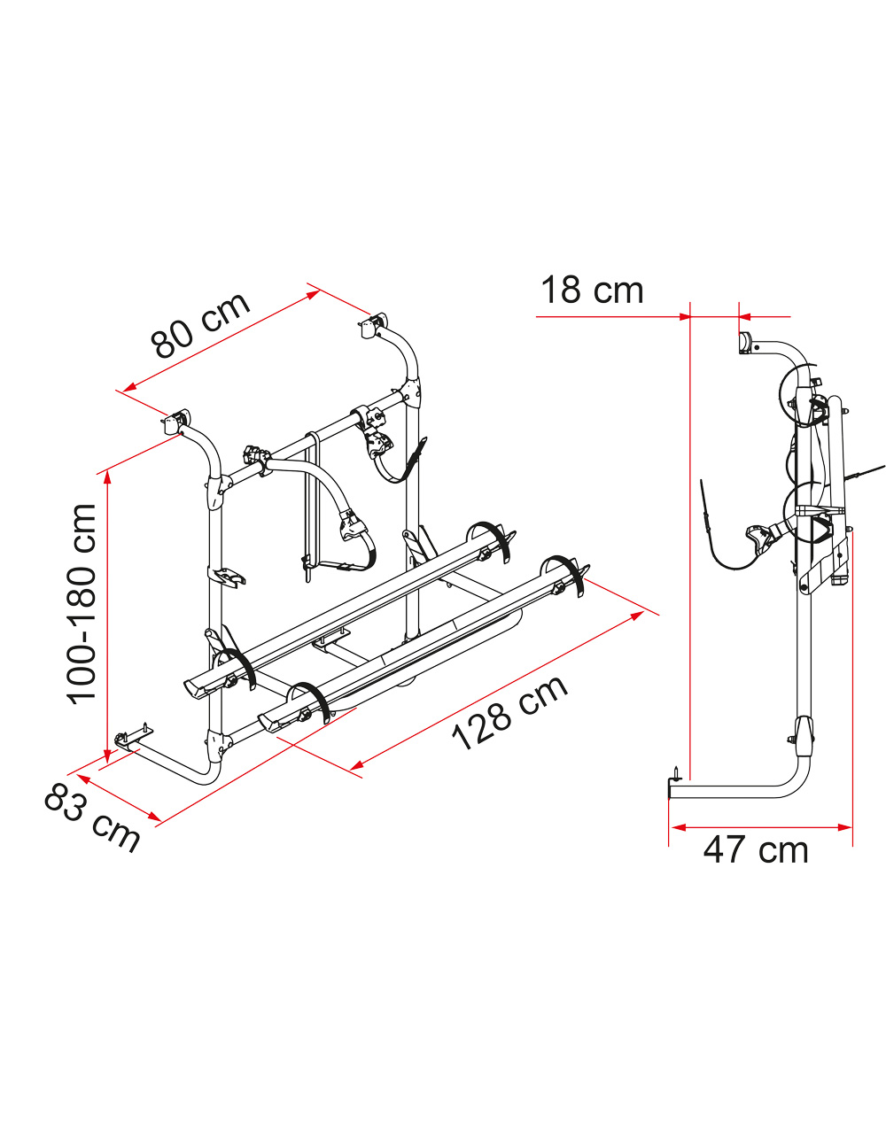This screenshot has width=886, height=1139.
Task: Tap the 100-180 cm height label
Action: point(82,604)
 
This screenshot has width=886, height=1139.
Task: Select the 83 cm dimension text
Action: point(92,820)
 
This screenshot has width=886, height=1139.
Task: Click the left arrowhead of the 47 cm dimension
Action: point(679,827)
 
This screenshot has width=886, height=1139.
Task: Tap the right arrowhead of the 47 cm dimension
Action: point(844,827)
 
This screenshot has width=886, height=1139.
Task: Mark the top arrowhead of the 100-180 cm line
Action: point(108,477)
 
